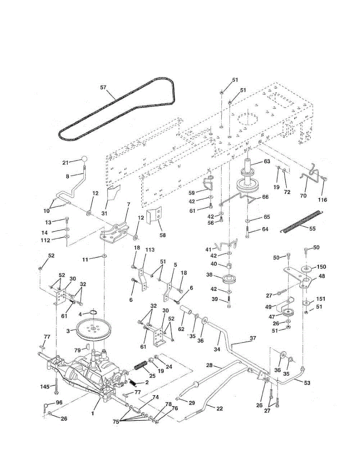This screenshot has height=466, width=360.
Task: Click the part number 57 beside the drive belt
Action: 104,87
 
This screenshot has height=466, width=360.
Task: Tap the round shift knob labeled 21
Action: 85,160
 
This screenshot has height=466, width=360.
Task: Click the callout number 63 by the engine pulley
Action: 267,161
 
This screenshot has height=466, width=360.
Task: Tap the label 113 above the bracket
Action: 150,250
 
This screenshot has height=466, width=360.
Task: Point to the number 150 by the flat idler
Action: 321,266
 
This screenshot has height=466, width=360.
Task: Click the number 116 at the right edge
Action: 322,200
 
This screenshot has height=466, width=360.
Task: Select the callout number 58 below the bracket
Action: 163,235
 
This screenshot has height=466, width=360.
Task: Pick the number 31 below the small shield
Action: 104,213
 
